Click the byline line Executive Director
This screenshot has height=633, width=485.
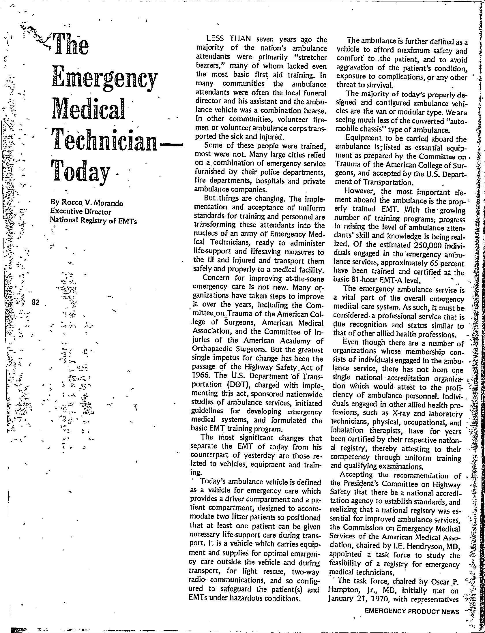81,212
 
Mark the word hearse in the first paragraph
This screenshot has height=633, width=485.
315,110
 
